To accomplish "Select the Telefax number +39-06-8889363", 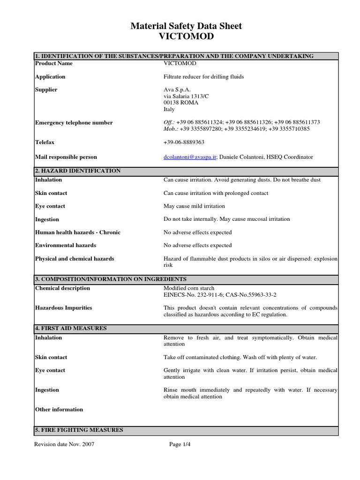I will point(184,142).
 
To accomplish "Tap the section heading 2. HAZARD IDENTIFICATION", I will point(78,171).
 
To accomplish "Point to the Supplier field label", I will point(46,90).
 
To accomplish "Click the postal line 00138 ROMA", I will point(180,103).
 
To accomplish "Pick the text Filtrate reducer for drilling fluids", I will point(204,76).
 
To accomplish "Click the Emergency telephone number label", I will point(74,123).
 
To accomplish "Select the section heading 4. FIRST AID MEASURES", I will point(71,329).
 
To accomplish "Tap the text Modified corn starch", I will point(188,288).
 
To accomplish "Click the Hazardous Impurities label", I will point(64,308).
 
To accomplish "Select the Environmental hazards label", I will point(66,245).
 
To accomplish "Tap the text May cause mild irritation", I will point(194,206).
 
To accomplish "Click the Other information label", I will point(59,410).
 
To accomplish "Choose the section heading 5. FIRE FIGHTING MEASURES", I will point(79,430).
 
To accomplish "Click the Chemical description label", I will point(63,288).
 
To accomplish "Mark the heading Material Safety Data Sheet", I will point(186,26).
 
